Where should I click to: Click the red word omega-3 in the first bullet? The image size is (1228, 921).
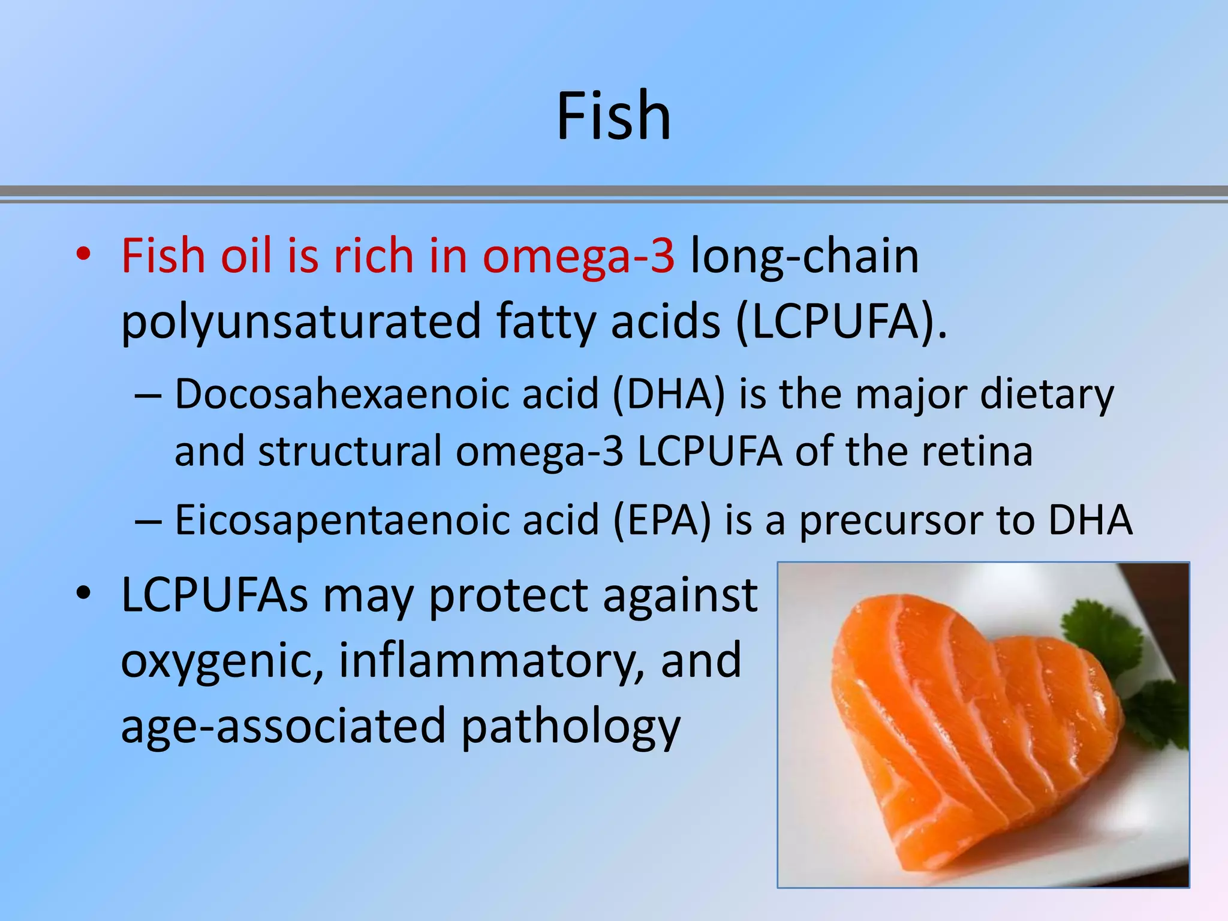point(579,257)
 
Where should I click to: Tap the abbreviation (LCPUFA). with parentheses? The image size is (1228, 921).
point(841,322)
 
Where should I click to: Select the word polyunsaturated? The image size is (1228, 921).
point(301,322)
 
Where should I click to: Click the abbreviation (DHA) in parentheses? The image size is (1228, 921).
point(669,396)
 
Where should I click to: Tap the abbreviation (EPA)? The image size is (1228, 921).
point(661,520)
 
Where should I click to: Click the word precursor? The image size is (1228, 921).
point(892,521)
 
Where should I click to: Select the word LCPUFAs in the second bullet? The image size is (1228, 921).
point(215,595)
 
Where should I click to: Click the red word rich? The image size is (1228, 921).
point(373,257)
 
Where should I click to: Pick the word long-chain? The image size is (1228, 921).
point(805,257)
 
